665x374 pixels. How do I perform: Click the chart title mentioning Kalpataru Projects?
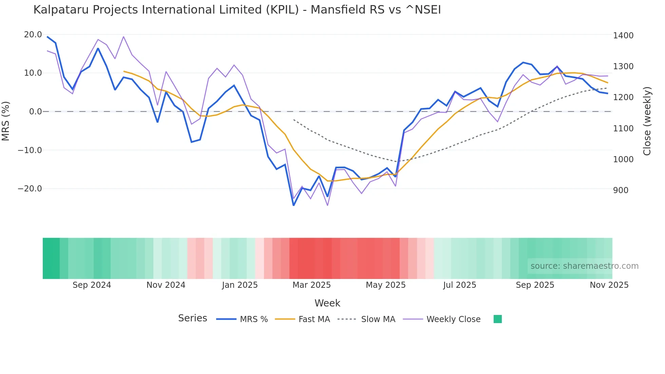point(237,10)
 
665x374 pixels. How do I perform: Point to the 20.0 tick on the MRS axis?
point(33,35)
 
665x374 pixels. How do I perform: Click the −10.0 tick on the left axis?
point(30,150)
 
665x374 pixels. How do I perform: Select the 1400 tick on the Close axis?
point(623,35)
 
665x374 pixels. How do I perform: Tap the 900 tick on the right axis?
point(621,190)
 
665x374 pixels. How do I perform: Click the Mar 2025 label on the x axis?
point(311,285)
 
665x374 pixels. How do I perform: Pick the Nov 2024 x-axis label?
point(166,285)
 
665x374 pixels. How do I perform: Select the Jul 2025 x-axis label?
point(459,285)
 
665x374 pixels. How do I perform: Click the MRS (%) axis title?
point(6,121)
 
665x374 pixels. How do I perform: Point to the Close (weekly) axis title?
point(647,121)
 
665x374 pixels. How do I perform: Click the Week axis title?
point(327,303)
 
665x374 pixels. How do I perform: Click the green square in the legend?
point(497,319)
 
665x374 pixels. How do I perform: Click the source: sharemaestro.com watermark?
point(584,266)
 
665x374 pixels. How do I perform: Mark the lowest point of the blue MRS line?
point(293,205)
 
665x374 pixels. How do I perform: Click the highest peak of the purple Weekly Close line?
point(123,37)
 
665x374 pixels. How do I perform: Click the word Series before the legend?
point(192,318)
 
